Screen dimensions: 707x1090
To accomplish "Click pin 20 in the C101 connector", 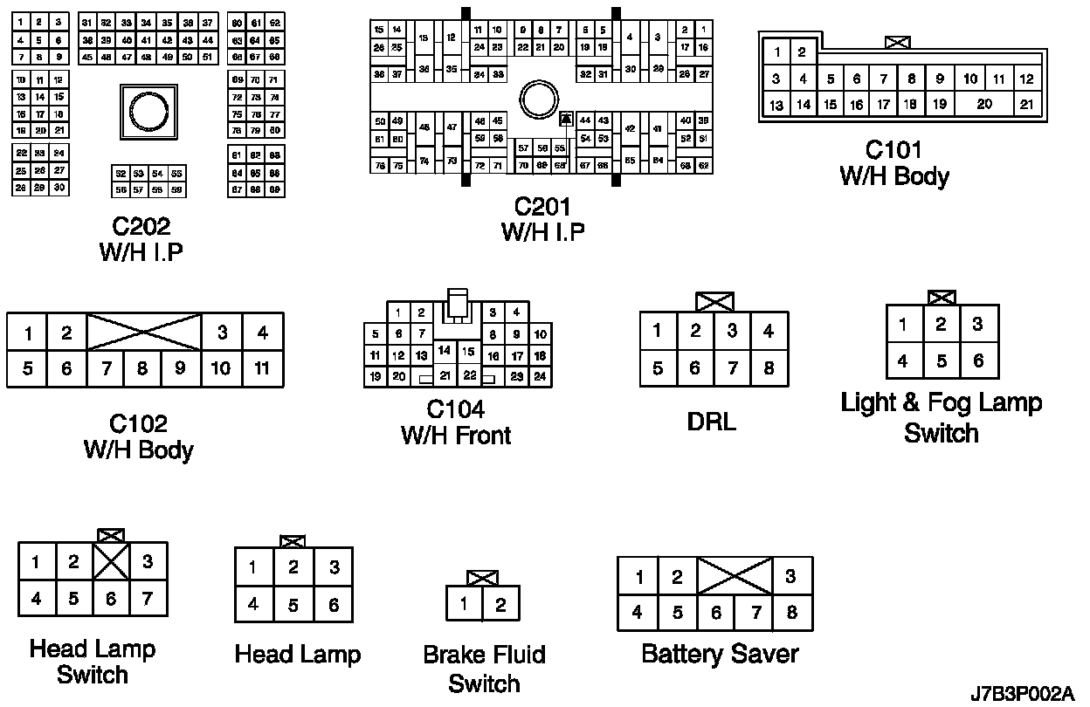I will coord(984,104).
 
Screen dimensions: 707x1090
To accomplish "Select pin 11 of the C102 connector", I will coord(262,368).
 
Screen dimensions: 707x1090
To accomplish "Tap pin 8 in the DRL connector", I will coord(769,368).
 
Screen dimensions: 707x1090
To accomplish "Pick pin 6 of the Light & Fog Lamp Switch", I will coord(977,360).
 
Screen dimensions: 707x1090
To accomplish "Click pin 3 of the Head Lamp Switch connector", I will coord(148,562).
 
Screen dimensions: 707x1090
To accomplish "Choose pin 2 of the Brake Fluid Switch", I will coord(500,604).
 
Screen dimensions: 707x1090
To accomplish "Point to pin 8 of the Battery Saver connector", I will coord(791,612).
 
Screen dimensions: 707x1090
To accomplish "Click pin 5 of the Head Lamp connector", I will coord(293,604).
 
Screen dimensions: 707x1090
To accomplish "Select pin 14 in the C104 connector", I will coord(445,351).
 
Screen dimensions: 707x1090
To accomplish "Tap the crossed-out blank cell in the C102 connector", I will coord(144,332).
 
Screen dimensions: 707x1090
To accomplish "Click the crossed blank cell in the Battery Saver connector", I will coord(735,576).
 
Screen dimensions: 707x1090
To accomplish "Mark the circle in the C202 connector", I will coord(144,112).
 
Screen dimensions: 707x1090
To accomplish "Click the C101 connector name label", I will coord(893,150).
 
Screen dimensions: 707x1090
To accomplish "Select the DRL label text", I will coord(712,422).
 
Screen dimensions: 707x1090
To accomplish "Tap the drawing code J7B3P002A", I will coord(1022,694).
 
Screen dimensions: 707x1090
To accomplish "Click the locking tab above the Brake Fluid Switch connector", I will coord(482,578).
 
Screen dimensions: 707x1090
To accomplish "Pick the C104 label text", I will coord(455,408).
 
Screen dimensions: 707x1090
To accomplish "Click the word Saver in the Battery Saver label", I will coord(762,653).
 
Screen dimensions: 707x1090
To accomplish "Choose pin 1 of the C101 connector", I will coord(776,52).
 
